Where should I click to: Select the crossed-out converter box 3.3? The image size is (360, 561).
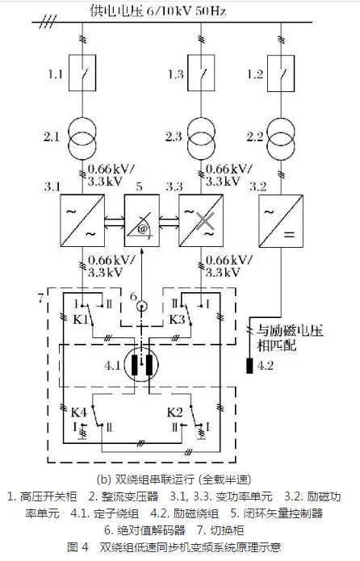[x=199, y=220]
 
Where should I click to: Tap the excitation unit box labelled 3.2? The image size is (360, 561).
[x=279, y=220]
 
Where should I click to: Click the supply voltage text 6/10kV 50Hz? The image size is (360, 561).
[x=158, y=10]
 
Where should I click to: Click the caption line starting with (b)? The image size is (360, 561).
[x=179, y=476]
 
